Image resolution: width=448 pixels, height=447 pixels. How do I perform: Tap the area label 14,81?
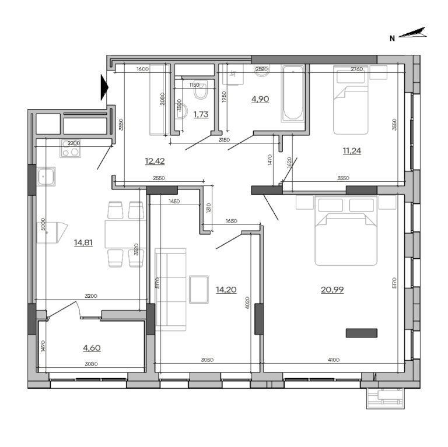tap(84, 243)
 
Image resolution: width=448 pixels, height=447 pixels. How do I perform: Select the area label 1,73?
tap(201, 114)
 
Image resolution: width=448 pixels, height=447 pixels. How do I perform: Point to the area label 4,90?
tap(260, 99)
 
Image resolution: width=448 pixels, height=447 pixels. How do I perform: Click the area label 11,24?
tap(351, 150)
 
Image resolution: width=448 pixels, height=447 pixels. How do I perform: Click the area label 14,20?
tap(226, 290)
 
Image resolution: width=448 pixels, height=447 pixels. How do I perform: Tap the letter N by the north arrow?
tap(393, 38)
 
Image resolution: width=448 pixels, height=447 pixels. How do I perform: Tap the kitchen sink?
tap(45, 176)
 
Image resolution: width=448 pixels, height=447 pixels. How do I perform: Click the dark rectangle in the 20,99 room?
tap(361, 333)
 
